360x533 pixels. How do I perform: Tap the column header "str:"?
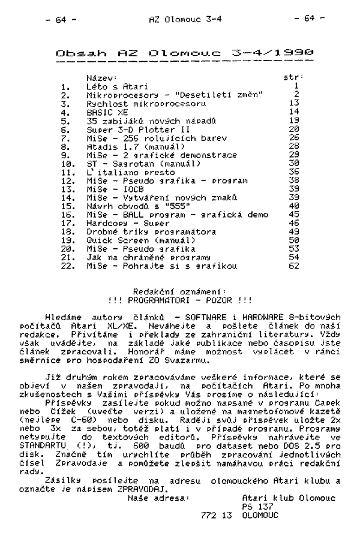click(x=293, y=78)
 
